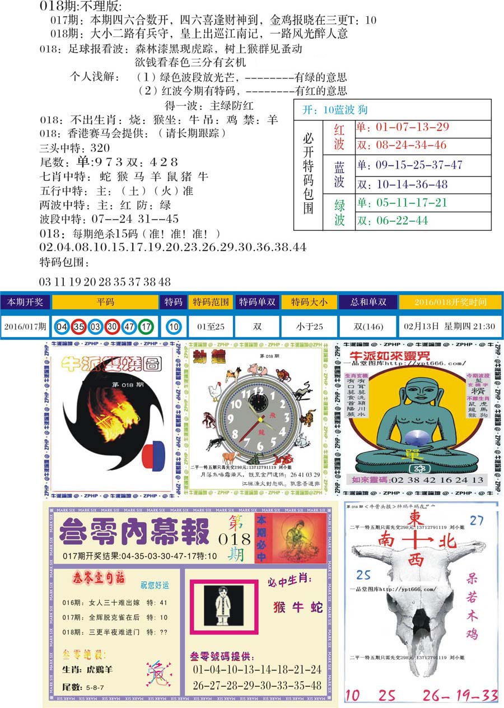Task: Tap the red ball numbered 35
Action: point(79,326)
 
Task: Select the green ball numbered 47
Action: point(129,326)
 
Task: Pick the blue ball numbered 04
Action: point(63,326)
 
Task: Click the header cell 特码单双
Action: point(257,302)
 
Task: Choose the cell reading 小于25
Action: point(309,326)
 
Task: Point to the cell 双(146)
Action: point(368,326)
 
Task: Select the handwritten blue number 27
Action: point(477,520)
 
